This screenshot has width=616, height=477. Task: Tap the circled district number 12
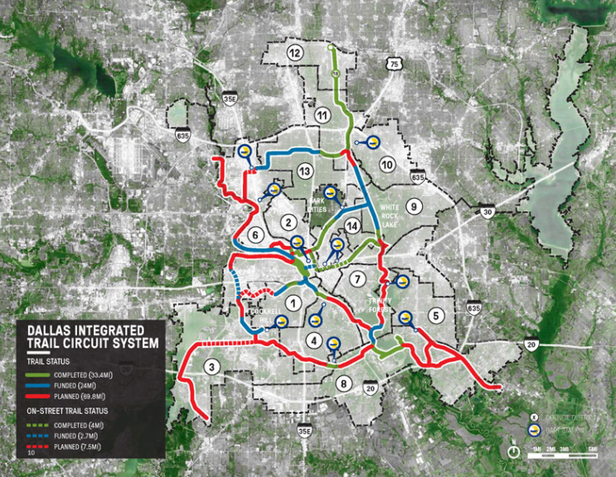pyautogui.click(x=294, y=52)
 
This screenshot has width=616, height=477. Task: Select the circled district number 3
pyautogui.click(x=213, y=369)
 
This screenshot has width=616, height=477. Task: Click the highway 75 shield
pyautogui.click(x=394, y=64)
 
